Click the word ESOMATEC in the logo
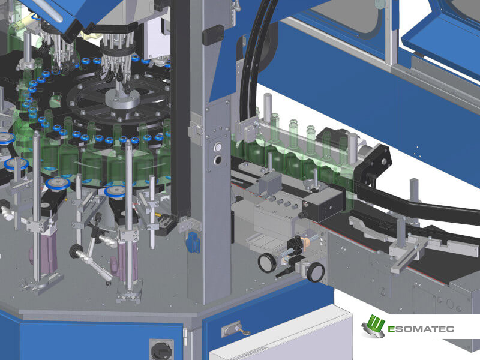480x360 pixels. tap(421, 329)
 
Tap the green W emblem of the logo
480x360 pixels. tap(373, 326)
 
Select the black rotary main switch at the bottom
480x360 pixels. tap(160, 350)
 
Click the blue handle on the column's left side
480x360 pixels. tap(193, 242)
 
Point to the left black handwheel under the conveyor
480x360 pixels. tap(267, 262)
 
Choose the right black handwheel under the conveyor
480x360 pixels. tap(316, 272)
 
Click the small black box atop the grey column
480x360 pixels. tap(213, 35)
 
